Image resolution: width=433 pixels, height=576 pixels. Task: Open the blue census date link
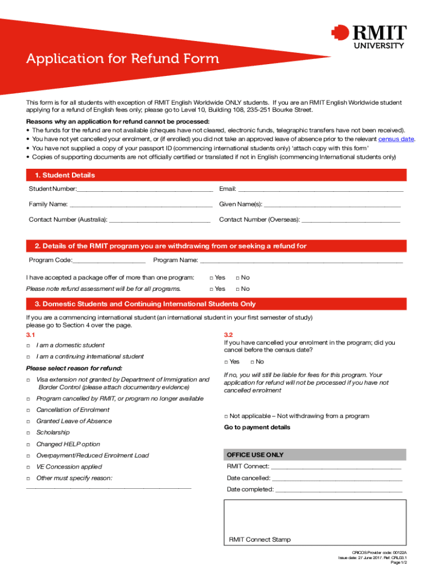(x=396, y=139)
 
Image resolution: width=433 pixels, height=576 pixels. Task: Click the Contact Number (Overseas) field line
(x=351, y=219)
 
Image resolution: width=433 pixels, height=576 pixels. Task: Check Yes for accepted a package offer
(x=211, y=278)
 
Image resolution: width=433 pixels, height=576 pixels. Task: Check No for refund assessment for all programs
(x=237, y=289)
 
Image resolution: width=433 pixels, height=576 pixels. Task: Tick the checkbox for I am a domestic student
(x=28, y=345)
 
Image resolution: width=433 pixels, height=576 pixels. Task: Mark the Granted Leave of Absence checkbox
(x=28, y=421)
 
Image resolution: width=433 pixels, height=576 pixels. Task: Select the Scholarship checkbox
(x=28, y=433)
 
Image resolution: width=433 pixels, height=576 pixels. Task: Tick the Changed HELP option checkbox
(x=28, y=444)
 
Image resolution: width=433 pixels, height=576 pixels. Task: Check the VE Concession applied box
(x=28, y=467)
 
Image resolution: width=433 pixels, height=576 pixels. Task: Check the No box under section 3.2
(x=252, y=362)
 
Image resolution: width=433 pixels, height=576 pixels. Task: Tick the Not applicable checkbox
(x=226, y=416)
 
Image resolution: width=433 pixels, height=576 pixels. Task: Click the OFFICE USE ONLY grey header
(x=314, y=454)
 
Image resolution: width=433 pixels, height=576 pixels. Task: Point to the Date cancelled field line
(x=337, y=479)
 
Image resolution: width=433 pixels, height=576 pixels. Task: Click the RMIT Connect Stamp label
(x=260, y=539)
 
